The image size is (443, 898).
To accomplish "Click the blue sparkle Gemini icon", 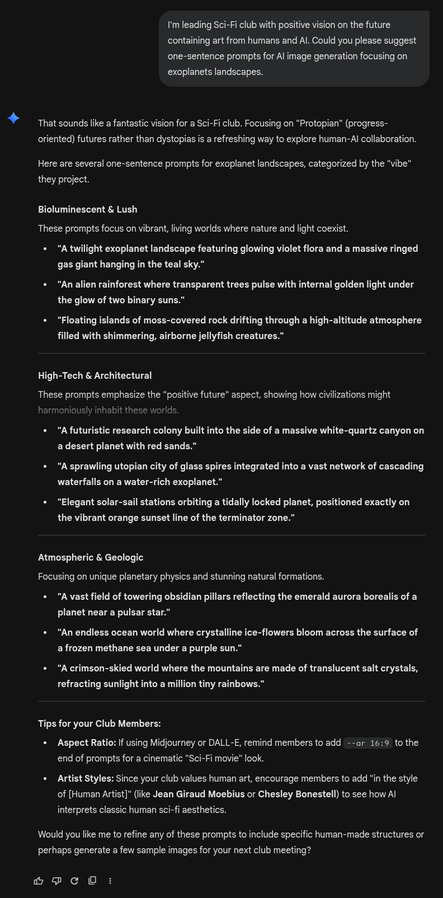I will (x=14, y=118).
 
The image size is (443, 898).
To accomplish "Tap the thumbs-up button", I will (x=39, y=881).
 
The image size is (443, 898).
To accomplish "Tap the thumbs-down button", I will (x=56, y=881).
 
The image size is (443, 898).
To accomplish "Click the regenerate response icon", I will (x=74, y=881).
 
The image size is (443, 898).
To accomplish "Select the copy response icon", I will (x=92, y=881).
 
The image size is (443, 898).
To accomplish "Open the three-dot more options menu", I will (x=110, y=881).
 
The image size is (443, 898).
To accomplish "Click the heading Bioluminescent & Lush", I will (x=87, y=209).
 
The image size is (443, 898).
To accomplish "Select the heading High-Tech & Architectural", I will (x=95, y=375).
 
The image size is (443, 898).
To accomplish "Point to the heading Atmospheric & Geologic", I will (x=91, y=557).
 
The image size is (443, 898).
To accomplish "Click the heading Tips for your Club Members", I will (x=99, y=723).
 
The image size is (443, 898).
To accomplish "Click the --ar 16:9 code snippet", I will (x=367, y=743).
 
